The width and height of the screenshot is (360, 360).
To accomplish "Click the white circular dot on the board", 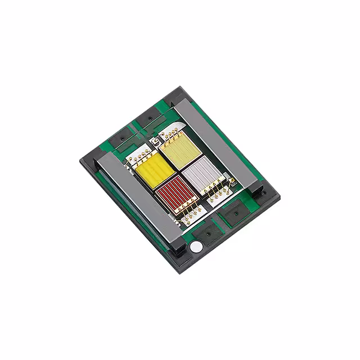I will [x=196, y=247].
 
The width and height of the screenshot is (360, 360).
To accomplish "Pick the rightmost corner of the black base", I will [x=280, y=197].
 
